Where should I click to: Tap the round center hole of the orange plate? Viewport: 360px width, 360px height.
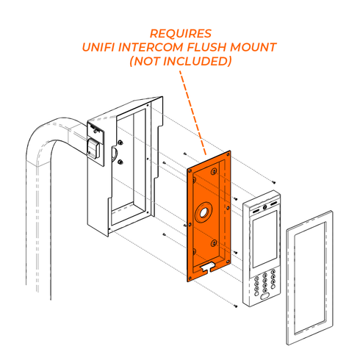tap(200, 216)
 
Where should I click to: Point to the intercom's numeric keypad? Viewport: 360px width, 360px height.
tap(265, 283)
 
